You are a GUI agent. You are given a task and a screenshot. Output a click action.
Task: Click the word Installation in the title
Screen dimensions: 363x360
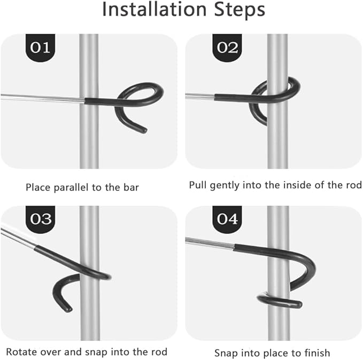[154, 10]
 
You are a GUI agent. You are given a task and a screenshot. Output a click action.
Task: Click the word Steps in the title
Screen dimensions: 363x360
[240, 10]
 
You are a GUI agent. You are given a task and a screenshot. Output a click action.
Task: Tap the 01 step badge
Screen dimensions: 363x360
[40, 48]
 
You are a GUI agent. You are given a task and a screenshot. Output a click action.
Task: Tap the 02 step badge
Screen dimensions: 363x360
[227, 48]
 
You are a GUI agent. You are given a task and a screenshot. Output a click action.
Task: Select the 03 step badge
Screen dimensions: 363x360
[40, 219]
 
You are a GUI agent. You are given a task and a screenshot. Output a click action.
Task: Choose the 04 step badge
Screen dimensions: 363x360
[227, 219]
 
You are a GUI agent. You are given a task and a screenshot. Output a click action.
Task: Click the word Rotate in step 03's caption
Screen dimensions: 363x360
[21, 352]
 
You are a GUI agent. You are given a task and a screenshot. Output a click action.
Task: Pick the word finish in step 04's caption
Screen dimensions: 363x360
[317, 353]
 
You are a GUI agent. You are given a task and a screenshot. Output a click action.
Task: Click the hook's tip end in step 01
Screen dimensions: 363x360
[144, 130]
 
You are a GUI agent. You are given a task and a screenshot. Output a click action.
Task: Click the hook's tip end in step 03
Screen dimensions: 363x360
[68, 309]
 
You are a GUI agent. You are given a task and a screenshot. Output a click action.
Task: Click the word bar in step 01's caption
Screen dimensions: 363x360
[131, 187]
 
